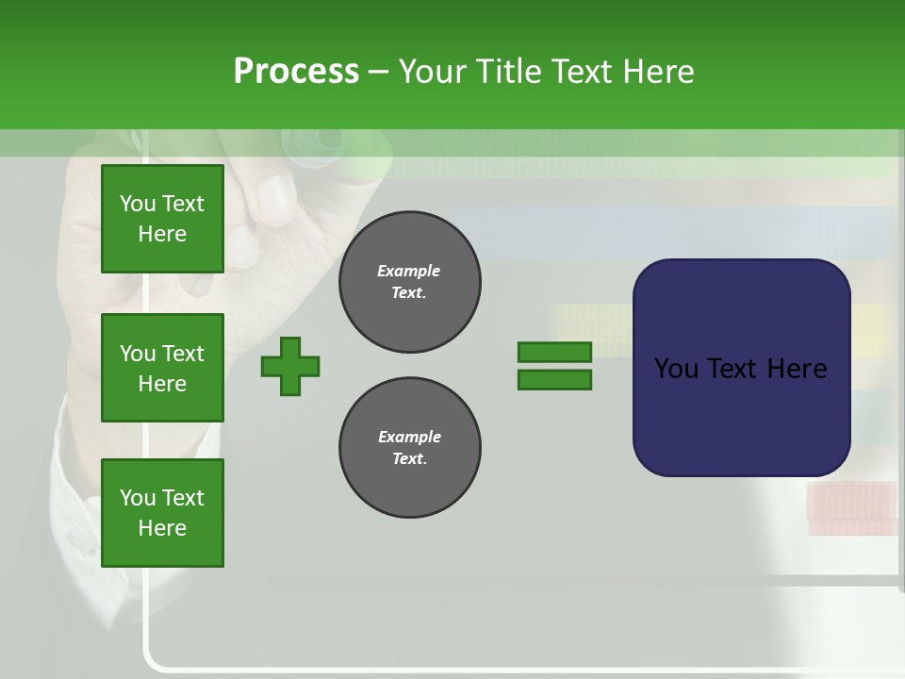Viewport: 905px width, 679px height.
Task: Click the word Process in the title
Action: [x=296, y=72]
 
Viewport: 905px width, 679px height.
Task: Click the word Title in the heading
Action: [x=507, y=72]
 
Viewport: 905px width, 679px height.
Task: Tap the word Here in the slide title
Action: [x=657, y=72]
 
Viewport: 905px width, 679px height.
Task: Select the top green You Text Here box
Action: [x=162, y=219]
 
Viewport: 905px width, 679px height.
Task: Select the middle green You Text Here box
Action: [x=162, y=368]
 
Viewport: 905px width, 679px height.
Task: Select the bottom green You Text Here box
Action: [x=162, y=513]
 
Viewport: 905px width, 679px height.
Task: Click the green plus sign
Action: [x=290, y=365]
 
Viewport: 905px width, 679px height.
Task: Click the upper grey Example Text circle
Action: [x=409, y=281]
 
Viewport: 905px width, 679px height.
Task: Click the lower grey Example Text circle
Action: [x=409, y=447]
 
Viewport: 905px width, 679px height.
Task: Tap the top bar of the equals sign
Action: [x=554, y=353]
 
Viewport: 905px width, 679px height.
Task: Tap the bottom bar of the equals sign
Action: [x=554, y=379]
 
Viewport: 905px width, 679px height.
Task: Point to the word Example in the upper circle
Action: [x=408, y=271]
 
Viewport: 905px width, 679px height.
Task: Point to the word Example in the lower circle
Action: [x=409, y=437]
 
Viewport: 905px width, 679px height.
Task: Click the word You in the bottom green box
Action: [x=138, y=498]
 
